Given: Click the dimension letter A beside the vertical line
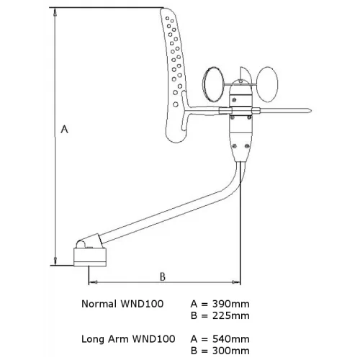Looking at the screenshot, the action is pyautogui.click(x=64, y=129).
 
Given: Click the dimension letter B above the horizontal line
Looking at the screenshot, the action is pyautogui.click(x=163, y=276).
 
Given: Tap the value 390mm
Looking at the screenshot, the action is pyautogui.click(x=231, y=304).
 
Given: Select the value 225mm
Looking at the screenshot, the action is pyautogui.click(x=231, y=315).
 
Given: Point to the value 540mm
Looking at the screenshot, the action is pyautogui.click(x=231, y=339).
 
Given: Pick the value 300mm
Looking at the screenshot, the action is pyautogui.click(x=231, y=351).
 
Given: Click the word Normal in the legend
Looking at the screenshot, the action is pyautogui.click(x=99, y=304).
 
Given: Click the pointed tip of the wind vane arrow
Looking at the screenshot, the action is pyautogui.click(x=311, y=111).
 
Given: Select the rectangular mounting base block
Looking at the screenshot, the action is pyautogui.click(x=90, y=257).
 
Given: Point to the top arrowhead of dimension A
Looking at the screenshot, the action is pyautogui.click(x=55, y=12).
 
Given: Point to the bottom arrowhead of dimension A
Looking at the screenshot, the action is pyautogui.click(x=55, y=261).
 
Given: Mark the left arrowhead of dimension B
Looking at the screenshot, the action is pyautogui.click(x=93, y=282).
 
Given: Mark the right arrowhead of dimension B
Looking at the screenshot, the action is pyautogui.click(x=236, y=282).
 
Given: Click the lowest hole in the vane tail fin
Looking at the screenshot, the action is pyautogui.click(x=176, y=104).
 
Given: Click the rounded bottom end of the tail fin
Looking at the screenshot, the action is pyautogui.click(x=176, y=141).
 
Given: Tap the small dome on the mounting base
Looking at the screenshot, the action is pyautogui.click(x=81, y=245).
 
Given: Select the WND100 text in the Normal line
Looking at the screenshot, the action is pyautogui.click(x=142, y=304).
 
